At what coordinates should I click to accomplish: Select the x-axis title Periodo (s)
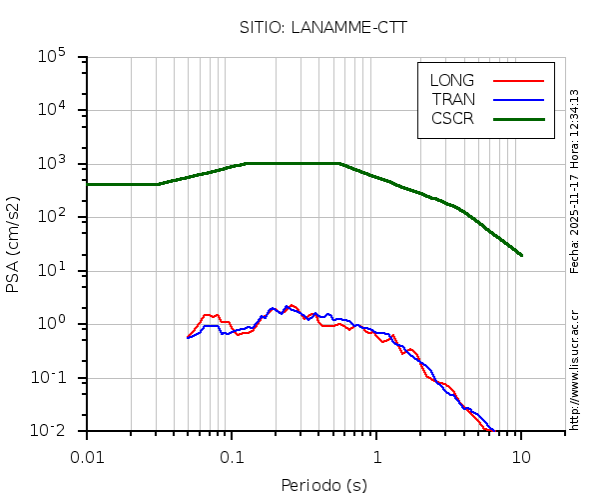323,486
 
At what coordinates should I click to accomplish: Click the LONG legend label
452,81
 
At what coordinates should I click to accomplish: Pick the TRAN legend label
453,99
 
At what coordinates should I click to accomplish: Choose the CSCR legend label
452,118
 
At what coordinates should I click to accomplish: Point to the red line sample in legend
519,81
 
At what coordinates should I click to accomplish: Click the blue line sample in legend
519,99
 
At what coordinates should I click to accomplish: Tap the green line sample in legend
519,118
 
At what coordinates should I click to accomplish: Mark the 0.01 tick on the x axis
87,457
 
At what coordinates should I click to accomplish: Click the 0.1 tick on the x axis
233,457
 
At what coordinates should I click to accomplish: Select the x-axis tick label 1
377,457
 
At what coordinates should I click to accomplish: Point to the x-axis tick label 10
521,457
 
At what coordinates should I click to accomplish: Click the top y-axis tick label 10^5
59,57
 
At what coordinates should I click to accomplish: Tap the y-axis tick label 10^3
59,164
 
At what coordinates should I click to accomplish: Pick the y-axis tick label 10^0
59,323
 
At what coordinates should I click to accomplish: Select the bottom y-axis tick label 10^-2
59,430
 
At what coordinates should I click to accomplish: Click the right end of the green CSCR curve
521,255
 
